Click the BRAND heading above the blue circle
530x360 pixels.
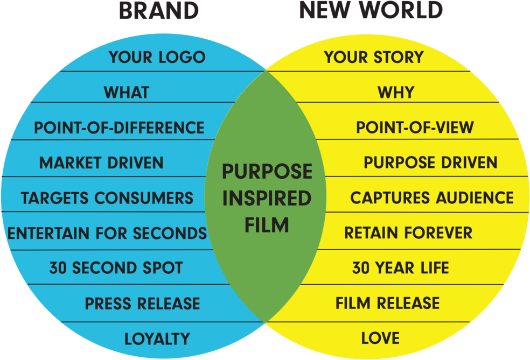[159, 10]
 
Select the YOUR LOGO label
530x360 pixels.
[157, 57]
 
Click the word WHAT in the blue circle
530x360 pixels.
[127, 92]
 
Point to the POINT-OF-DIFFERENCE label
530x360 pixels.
[119, 128]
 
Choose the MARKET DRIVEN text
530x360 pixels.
[101, 163]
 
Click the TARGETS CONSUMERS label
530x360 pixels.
[107, 198]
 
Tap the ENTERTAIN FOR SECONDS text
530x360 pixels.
[107, 234]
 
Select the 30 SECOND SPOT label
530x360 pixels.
[116, 268]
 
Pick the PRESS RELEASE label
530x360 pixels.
[142, 303]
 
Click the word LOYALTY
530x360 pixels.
[157, 338]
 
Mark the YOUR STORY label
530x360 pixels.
[374, 57]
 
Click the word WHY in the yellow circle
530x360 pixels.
[396, 92]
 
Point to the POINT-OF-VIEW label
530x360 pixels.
[415, 128]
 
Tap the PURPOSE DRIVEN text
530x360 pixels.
[431, 163]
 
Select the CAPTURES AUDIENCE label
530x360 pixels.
[432, 197]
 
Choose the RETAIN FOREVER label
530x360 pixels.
[408, 232]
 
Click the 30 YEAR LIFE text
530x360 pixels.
[401, 268]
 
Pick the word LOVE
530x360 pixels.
[381, 338]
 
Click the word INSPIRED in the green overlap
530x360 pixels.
[267, 198]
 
